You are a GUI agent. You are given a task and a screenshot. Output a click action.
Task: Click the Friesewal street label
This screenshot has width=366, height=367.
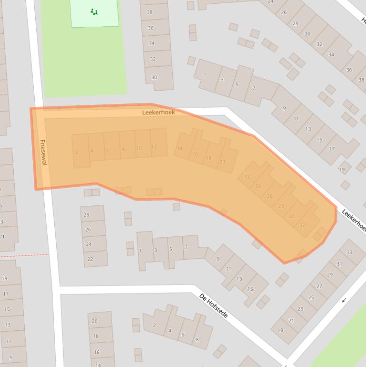[43, 152]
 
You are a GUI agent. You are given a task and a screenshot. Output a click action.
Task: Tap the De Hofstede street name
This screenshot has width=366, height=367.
[214, 306]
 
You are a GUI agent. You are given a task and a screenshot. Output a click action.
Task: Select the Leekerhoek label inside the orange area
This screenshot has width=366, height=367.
[158, 112]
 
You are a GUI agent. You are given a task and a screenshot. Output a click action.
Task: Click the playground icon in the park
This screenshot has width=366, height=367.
[94, 12]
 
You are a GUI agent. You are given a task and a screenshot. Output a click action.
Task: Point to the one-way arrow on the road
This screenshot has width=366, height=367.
[344, 300]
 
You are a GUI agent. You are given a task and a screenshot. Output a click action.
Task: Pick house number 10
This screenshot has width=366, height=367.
[139, 148]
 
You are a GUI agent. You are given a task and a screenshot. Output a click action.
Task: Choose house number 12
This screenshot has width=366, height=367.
[154, 146]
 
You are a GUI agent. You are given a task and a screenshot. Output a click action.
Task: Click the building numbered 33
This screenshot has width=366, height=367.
[349, 252]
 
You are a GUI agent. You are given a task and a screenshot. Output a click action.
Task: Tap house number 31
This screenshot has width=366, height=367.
[339, 264]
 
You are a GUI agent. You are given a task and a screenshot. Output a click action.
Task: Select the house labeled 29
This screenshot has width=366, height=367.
[329, 275]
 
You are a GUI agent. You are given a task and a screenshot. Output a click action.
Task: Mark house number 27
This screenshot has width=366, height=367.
[319, 286]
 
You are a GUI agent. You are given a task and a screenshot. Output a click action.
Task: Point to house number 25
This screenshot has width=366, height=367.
[311, 297]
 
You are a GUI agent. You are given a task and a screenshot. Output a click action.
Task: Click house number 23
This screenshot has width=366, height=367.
[300, 309]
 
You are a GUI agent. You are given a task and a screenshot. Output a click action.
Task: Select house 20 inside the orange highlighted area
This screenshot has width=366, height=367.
[222, 162]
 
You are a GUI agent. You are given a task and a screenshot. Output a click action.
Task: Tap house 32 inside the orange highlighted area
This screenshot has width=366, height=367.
[302, 225]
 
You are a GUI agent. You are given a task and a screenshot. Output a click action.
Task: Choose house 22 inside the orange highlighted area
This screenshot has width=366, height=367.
[247, 176]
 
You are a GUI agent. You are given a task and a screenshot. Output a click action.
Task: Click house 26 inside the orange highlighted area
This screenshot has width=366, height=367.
[270, 196]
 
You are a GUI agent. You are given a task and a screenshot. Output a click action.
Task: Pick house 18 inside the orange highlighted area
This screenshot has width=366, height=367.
[208, 158]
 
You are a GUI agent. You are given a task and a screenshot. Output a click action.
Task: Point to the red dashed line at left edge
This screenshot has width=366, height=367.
[24, 255]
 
